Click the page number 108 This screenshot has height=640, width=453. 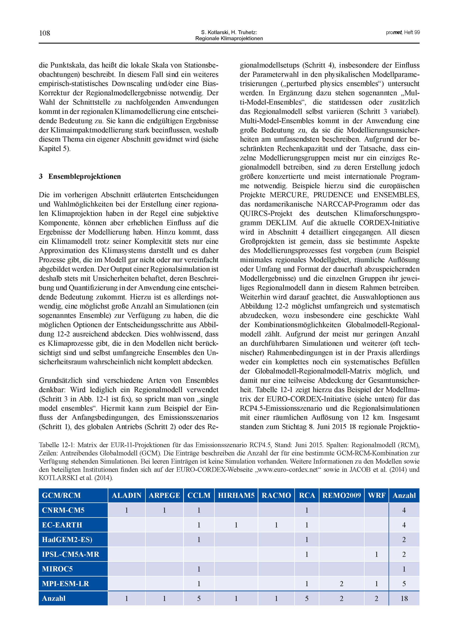pyautogui.click(x=44, y=33)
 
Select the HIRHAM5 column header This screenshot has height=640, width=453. pyautogui.click(x=236, y=495)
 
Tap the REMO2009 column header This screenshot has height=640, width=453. pyautogui.click(x=341, y=495)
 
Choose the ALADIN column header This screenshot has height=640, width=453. pyautogui.click(x=127, y=495)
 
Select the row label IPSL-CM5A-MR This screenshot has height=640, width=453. pyautogui.click(x=71, y=554)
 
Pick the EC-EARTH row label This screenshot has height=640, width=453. pyautogui.click(x=62, y=525)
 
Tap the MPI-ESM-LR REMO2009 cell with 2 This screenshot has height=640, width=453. pyautogui.click(x=341, y=583)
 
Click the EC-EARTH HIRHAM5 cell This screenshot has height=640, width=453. pyautogui.click(x=236, y=525)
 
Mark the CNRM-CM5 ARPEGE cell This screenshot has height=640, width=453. pyautogui.click(x=164, y=510)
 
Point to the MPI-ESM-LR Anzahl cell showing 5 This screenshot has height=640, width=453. pyautogui.click(x=404, y=583)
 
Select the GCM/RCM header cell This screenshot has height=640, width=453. pyautogui.click(x=61, y=495)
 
